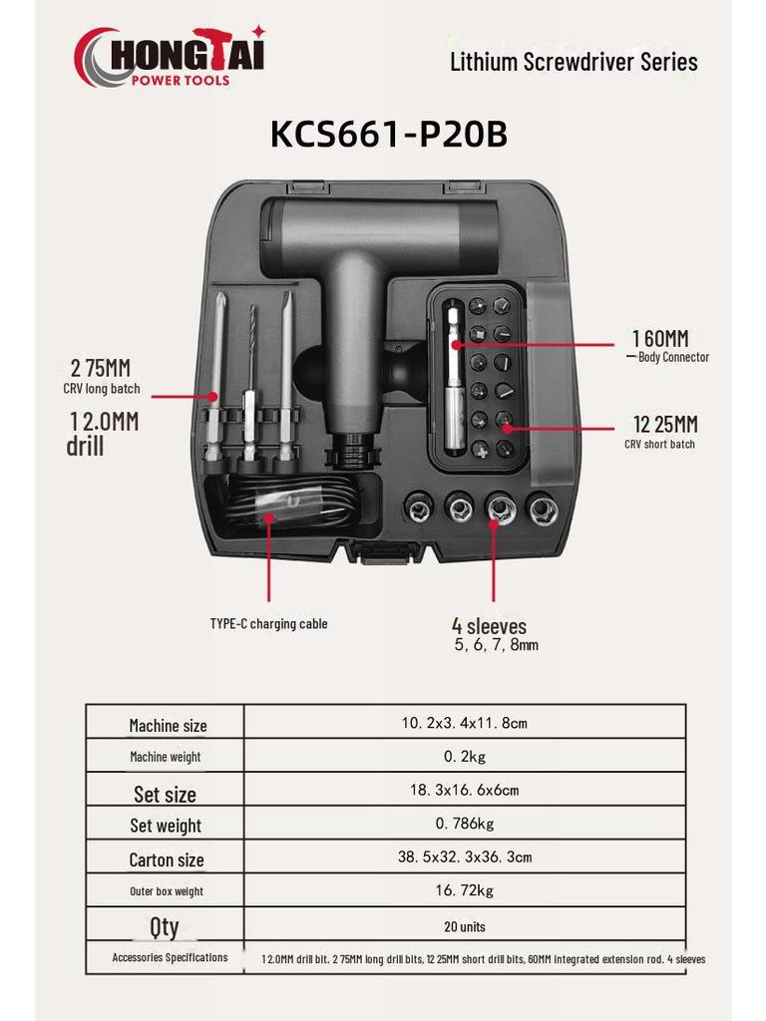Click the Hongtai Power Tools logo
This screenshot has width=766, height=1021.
click(170, 57)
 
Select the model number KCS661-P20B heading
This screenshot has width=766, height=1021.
click(389, 135)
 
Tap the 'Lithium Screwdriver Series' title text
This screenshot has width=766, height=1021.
click(574, 62)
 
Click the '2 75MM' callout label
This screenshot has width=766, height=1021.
click(101, 368)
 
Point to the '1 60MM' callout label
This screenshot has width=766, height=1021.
click(660, 339)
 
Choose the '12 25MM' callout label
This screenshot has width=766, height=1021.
click(665, 425)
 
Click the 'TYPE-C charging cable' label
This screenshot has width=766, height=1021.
click(268, 624)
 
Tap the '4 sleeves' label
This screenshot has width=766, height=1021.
click(489, 626)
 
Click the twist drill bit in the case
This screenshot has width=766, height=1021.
click(251, 378)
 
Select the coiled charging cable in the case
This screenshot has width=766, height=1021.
click(293, 506)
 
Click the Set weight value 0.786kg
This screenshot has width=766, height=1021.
click(465, 824)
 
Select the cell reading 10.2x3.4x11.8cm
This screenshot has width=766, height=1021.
click(465, 723)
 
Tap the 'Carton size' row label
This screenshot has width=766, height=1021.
click(167, 860)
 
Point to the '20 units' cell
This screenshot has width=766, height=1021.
click(465, 926)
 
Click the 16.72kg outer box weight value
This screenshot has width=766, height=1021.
click(465, 890)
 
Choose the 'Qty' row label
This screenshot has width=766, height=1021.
click(165, 926)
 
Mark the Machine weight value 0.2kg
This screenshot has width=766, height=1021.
click(465, 756)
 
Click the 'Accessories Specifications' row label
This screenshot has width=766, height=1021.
click(170, 957)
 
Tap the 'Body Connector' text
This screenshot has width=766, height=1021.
click(673, 357)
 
